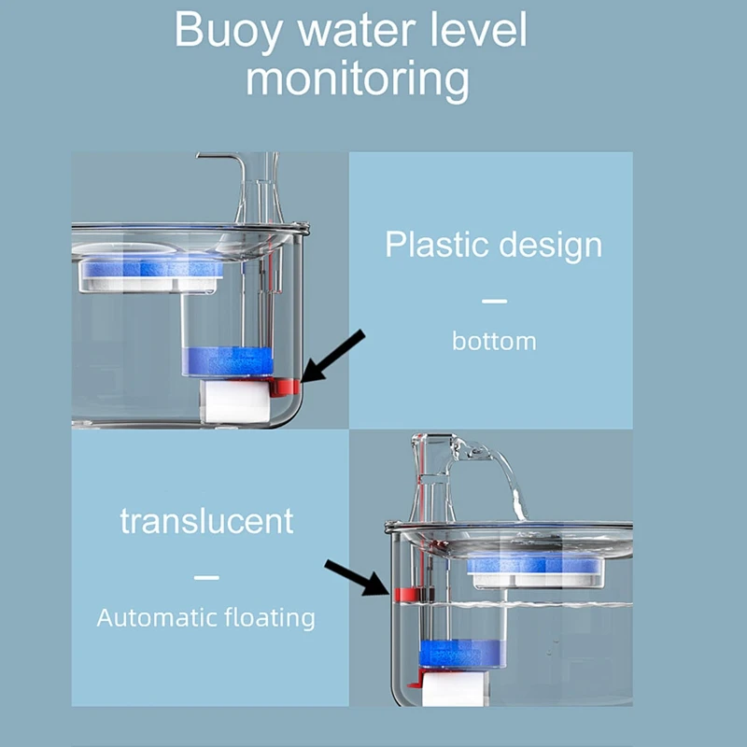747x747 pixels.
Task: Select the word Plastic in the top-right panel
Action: coord(435,245)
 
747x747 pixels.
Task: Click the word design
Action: coord(549,246)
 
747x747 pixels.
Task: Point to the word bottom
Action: coord(494,341)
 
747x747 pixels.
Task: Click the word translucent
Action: coord(206,521)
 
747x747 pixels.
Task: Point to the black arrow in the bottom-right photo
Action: coord(356,577)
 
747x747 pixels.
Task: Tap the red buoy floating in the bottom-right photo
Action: coord(406,594)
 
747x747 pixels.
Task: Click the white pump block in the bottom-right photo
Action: coord(452,689)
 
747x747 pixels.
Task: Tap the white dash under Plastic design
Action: coord(494,301)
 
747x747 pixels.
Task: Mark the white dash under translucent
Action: coord(206,577)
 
